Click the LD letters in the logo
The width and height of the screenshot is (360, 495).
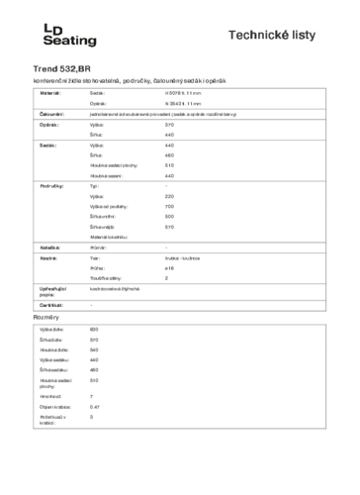[x=52, y=31]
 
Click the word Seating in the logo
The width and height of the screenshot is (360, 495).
[x=70, y=41]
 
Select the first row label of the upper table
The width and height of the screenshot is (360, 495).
[x=49, y=92]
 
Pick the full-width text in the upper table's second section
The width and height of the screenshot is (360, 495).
[x=158, y=115]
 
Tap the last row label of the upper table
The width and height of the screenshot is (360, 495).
[x=49, y=304]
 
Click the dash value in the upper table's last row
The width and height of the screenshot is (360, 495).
[x=91, y=305]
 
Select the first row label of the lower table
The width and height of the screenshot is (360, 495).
[x=52, y=329]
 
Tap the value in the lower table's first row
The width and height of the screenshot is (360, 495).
[x=94, y=329]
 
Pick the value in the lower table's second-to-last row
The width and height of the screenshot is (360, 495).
[x=94, y=406]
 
